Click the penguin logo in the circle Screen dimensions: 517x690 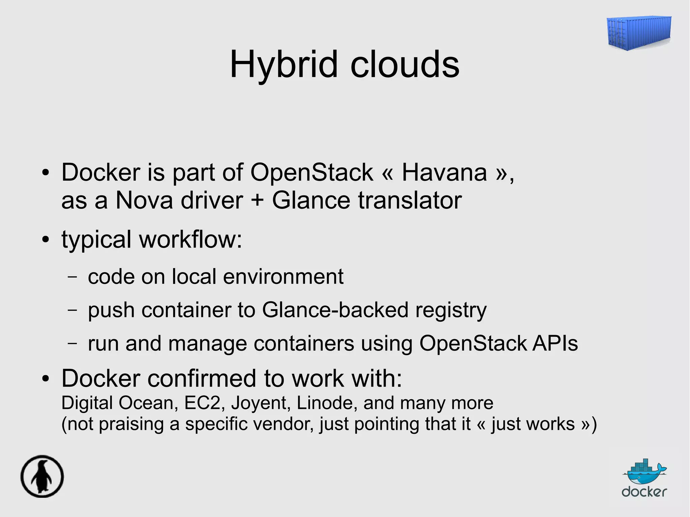point(42,476)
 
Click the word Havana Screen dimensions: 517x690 point(444,173)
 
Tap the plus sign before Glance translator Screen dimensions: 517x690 point(257,201)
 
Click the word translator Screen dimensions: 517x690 point(410,201)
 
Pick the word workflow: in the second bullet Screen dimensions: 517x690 point(191,239)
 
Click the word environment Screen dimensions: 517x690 point(283,277)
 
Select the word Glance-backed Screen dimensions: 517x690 point(335,310)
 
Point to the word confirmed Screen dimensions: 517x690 point(202,379)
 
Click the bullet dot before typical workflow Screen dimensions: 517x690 point(45,240)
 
